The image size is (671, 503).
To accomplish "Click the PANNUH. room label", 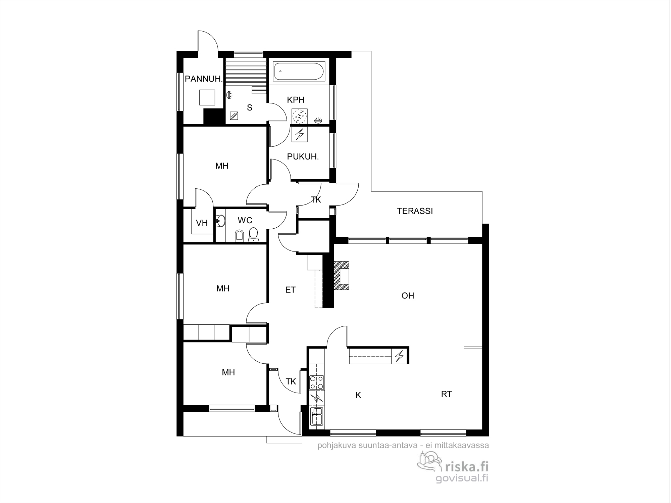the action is point(204,79).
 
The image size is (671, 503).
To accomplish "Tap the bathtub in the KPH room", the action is point(299,71).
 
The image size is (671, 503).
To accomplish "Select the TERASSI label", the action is point(415,211).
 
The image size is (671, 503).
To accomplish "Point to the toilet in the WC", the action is point(253,234).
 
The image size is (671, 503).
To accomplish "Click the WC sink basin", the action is point(220,221).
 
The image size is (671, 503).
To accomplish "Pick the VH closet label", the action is point(202,223).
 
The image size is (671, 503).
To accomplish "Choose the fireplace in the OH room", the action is point(342,276).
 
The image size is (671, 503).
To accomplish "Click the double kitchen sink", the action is point(317,416).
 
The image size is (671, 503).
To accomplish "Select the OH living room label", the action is point(408,295).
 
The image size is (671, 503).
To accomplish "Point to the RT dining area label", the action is point(446,394).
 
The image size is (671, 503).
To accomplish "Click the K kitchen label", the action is point(358,395).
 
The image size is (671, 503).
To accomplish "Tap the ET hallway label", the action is point(290,289).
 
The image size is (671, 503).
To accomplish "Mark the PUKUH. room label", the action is point(303,156).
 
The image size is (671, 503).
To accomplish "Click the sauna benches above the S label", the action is point(246,72).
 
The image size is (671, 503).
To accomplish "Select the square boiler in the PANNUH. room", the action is point(207,97).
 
